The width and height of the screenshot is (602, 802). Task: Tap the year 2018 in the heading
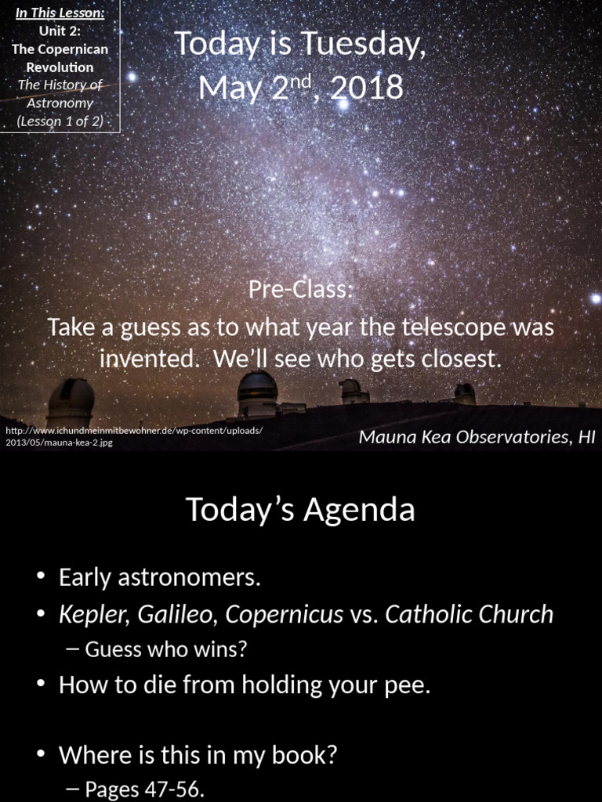pos(367,88)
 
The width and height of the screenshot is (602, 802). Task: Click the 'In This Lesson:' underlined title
pos(60,13)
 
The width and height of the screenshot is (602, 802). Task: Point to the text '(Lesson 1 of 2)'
pos(60,121)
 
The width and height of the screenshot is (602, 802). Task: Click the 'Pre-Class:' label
pos(301,290)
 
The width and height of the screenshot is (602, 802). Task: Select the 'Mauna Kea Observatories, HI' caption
pos(477,437)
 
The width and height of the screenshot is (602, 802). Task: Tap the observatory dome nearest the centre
pos(257,392)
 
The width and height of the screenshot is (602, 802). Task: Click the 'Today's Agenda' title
pos(300,510)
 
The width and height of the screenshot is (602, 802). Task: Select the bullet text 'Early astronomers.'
pos(159,578)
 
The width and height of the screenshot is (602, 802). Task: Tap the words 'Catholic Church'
pos(469,615)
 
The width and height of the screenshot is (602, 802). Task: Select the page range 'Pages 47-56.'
pos(144,789)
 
